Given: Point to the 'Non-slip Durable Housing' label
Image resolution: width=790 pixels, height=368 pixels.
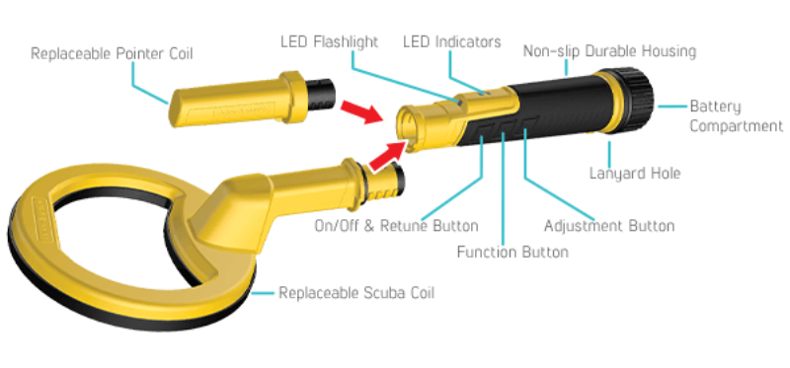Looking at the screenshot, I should coord(609,50).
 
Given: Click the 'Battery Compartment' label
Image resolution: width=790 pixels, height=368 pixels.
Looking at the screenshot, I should coord(729,115).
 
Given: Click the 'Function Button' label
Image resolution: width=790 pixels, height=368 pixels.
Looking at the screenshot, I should coord(513,253).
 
